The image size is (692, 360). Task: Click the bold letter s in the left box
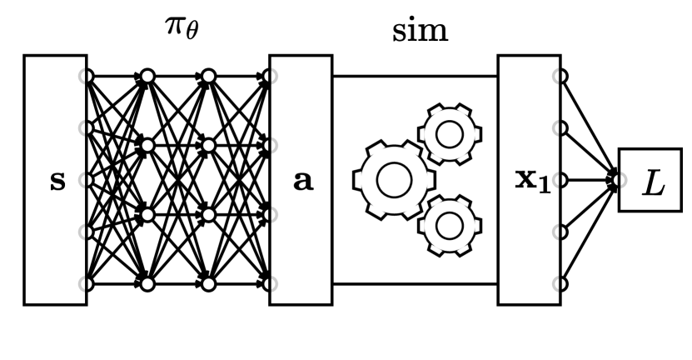point(57,181)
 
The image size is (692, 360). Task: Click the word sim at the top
point(420,31)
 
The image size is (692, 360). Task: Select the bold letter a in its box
point(302,181)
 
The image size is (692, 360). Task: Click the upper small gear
point(450,134)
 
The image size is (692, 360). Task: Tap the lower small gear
point(450,225)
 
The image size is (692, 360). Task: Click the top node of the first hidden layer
point(147,77)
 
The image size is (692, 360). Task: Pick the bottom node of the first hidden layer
point(147,284)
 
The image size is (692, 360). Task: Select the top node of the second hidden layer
point(208,77)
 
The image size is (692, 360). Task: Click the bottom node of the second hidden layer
point(208,284)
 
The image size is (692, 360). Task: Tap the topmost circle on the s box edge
point(86,77)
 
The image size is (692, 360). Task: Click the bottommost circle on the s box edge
point(86,284)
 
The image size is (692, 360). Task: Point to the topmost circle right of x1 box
point(560,77)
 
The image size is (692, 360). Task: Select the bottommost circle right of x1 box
point(560,284)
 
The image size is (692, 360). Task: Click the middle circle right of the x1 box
point(560,180)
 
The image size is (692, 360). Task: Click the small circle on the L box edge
point(619,180)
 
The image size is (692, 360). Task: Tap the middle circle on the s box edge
point(86,180)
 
